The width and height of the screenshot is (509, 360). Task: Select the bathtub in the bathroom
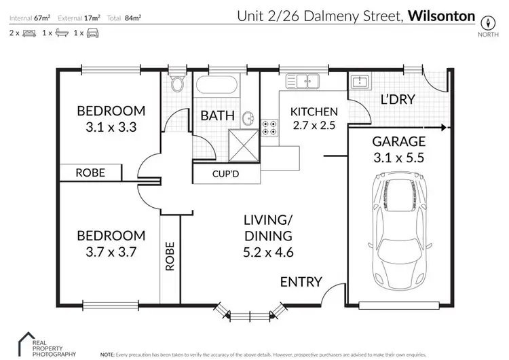[x=216, y=86]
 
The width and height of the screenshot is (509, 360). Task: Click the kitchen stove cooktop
[x=269, y=126]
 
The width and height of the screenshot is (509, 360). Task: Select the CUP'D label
[x=225, y=175]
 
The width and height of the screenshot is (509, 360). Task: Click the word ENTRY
[x=301, y=282]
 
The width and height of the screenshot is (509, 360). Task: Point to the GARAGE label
[x=399, y=142]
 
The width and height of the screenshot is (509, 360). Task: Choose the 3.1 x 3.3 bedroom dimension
[x=111, y=126]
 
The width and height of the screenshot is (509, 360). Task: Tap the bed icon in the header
[x=28, y=33]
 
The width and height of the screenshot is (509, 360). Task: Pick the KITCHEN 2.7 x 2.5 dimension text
[x=314, y=125]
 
